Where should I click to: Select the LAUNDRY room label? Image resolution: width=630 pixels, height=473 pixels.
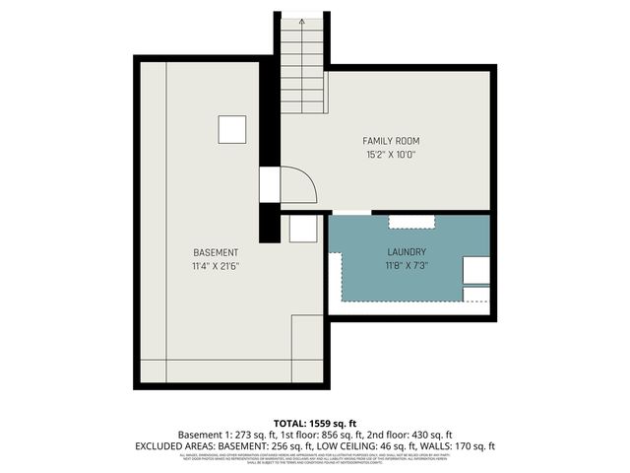pyautogui.click(x=407, y=251)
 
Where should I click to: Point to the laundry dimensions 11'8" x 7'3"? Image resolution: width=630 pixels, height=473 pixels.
pyautogui.click(x=407, y=265)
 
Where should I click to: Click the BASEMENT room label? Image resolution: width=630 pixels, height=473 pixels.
pyautogui.click(x=215, y=252)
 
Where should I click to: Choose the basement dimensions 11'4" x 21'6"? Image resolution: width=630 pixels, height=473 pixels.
pyautogui.click(x=215, y=266)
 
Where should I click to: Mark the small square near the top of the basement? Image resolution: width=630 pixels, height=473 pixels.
pyautogui.click(x=232, y=129)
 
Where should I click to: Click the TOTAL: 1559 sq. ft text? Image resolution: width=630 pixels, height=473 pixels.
pyautogui.click(x=315, y=423)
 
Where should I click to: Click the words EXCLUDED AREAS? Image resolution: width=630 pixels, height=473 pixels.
pyautogui.click(x=171, y=446)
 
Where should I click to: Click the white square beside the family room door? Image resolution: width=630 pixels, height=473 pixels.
pyautogui.click(x=270, y=184)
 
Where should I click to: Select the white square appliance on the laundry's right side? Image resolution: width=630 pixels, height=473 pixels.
pyautogui.click(x=476, y=270)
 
